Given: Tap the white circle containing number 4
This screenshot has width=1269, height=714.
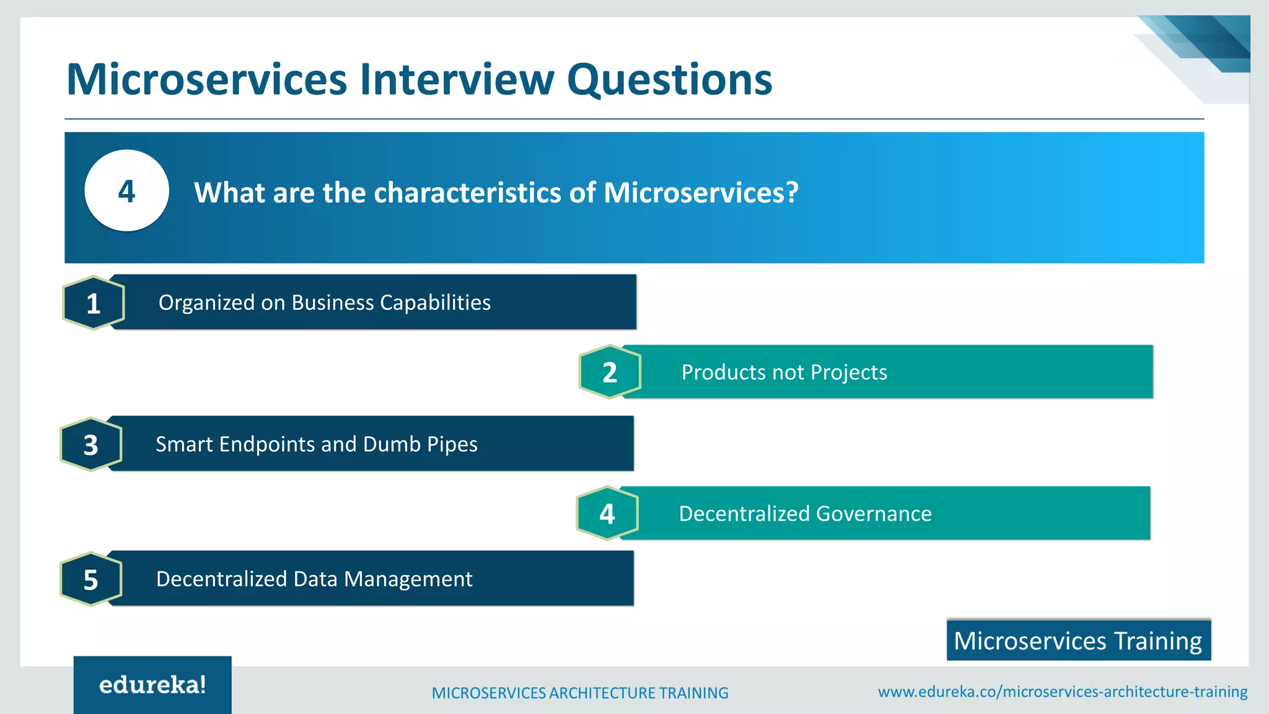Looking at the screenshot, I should [x=126, y=191].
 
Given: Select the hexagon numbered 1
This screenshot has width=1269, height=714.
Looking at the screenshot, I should [x=94, y=303].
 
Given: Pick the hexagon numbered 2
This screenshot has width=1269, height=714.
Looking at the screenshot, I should [x=610, y=372].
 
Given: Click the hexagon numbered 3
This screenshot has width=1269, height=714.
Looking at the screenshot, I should [x=91, y=444].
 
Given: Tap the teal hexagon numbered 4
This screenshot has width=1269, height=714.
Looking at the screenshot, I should [x=607, y=513].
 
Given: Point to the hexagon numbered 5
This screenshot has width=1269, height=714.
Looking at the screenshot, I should [x=91, y=580].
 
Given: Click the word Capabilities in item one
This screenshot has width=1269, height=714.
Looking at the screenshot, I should [x=435, y=302].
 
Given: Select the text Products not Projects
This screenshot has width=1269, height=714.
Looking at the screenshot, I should [x=784, y=372].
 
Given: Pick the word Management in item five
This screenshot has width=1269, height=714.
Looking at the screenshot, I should [x=408, y=579].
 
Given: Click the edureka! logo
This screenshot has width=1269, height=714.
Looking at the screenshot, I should [x=152, y=685].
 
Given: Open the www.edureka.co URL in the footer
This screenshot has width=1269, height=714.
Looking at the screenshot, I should [x=1062, y=692].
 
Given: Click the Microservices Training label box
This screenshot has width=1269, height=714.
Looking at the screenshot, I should [x=1078, y=640].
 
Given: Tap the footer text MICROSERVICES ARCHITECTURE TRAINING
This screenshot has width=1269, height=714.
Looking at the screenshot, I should [x=580, y=693].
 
